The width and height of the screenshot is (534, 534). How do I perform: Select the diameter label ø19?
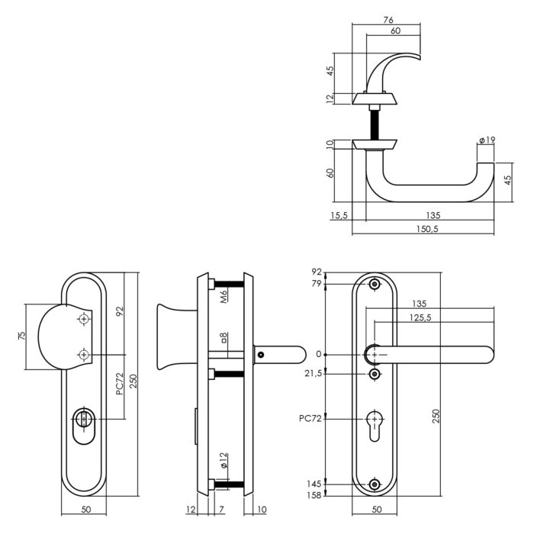click(487, 140)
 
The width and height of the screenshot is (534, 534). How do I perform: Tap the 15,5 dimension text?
click(339, 216)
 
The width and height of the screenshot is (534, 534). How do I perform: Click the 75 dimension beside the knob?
click(22, 336)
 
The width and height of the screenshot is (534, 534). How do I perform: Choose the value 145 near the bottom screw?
click(314, 484)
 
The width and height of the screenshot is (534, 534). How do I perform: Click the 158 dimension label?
click(314, 496)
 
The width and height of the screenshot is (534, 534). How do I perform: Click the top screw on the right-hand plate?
click(374, 285)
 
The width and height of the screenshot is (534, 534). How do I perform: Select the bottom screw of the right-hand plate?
click(374, 484)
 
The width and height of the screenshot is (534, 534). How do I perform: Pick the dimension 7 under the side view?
click(221, 510)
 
